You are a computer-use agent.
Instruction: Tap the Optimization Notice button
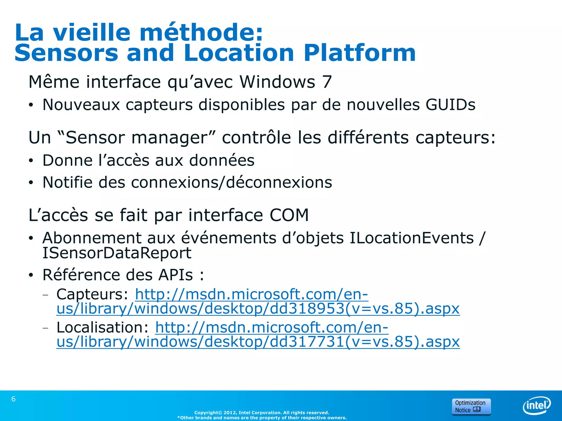pyautogui.click(x=471, y=406)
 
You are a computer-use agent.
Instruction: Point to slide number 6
pyautogui.click(x=13, y=399)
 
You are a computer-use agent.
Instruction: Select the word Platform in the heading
pyautogui.click(x=359, y=53)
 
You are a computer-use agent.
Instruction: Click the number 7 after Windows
pyautogui.click(x=327, y=82)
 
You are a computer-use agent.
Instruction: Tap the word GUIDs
pyautogui.click(x=450, y=105)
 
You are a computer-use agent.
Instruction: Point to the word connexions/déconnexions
pyautogui.click(x=232, y=183)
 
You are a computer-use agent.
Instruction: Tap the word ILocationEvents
pyautogui.click(x=411, y=238)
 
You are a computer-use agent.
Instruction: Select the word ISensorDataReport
pyautogui.click(x=117, y=253)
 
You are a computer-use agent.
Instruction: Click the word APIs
pyautogui.click(x=175, y=275)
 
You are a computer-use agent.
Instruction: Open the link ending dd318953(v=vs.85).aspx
pyautogui.click(x=258, y=309)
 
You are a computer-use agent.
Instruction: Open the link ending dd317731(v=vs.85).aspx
pyautogui.click(x=258, y=342)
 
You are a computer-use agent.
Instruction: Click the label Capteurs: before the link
pyautogui.click(x=92, y=295)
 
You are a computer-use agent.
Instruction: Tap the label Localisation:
pyautogui.click(x=102, y=328)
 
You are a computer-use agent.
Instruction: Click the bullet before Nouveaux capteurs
pyautogui.click(x=31, y=105)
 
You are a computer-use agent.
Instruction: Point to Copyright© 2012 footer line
pyautogui.click(x=262, y=413)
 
